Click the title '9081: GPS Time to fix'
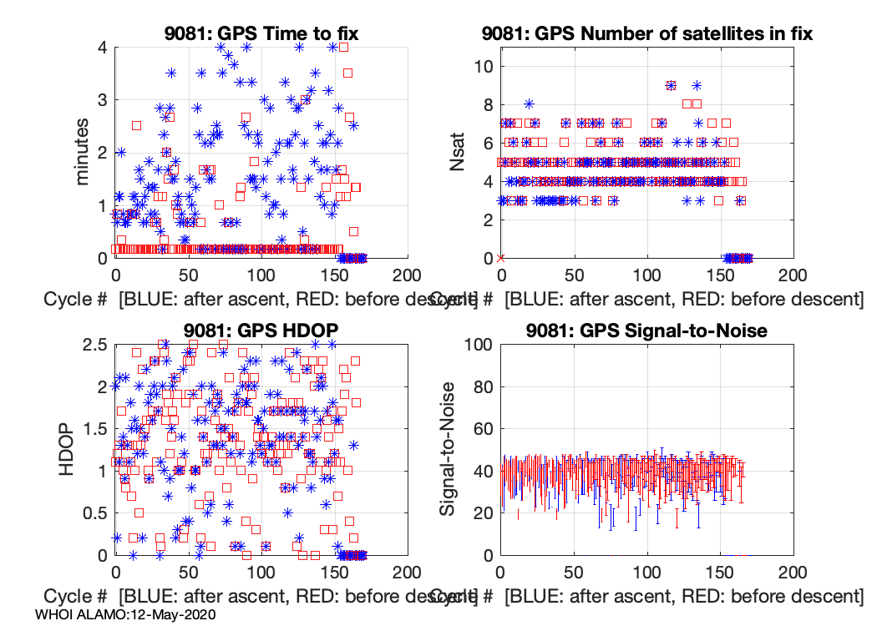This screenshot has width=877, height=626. pos(261,34)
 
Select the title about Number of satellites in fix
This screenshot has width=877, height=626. pos(647,34)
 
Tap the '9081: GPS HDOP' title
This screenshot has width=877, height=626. pos(261,331)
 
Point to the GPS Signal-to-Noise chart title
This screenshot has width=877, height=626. pos(647,331)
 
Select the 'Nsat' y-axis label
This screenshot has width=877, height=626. pos(457,152)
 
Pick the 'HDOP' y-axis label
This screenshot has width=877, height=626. pos(67,449)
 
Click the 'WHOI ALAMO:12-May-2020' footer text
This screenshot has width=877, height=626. pos(126,615)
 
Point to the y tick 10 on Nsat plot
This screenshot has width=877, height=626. pos(483,67)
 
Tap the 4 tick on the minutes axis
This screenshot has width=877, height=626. pos(101,48)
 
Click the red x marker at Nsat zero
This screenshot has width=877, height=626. pos(500,258)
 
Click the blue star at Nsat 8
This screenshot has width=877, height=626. pos(529,104)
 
